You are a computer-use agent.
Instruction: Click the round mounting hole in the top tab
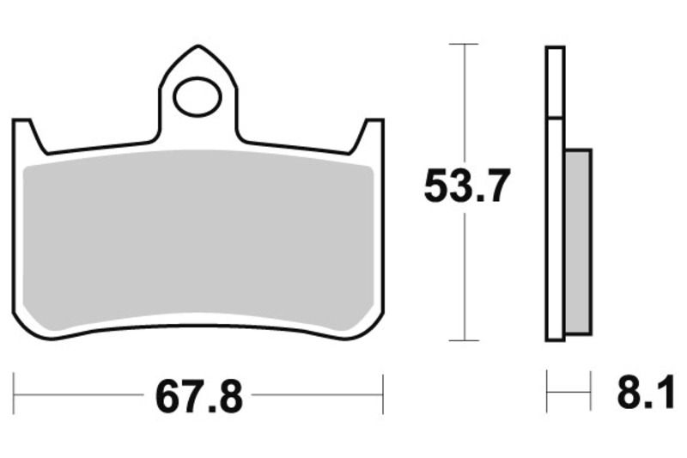pyautogui.click(x=197, y=99)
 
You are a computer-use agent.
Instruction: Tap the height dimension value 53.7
pyautogui.click(x=467, y=186)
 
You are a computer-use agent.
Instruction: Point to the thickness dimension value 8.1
pyautogui.click(x=639, y=397)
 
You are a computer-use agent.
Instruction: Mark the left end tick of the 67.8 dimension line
pyautogui.click(x=14, y=396)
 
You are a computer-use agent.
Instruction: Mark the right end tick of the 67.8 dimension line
pyautogui.click(x=382, y=396)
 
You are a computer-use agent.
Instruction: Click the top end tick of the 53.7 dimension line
pyautogui.click(x=465, y=43)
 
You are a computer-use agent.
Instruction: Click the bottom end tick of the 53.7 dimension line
pyautogui.click(x=465, y=341)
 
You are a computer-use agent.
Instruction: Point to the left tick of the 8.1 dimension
pyautogui.click(x=548, y=394)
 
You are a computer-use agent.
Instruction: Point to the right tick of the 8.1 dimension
pyautogui.click(x=592, y=394)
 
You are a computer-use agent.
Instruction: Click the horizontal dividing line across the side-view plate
pyautogui.click(x=556, y=118)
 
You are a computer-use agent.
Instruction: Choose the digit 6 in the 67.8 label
pyautogui.click(x=168, y=397)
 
